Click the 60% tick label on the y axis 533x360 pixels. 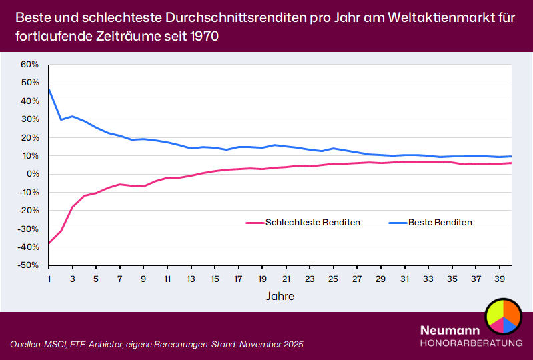pyautogui.click(x=30, y=65)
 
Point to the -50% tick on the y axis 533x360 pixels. pyautogui.click(x=29, y=265)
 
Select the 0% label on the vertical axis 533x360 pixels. pyautogui.click(x=33, y=174)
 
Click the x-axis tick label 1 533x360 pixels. pyautogui.click(x=49, y=279)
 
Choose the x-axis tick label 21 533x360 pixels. pyautogui.click(x=286, y=279)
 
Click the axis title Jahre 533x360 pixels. pyautogui.click(x=280, y=295)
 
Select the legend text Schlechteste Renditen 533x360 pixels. pyautogui.click(x=312, y=223)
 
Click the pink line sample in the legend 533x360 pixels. pyautogui.click(x=254, y=223)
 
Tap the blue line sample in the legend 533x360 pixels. pyautogui.click(x=396, y=223)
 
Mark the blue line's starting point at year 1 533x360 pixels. pyautogui.click(x=49, y=89)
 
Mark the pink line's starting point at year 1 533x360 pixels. pyautogui.click(x=49, y=243)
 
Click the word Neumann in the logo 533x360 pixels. pyautogui.click(x=450, y=330)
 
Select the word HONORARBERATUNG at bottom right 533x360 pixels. pyautogui.click(x=471, y=343)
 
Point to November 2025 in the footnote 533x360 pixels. pyautogui.click(x=268, y=344)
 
